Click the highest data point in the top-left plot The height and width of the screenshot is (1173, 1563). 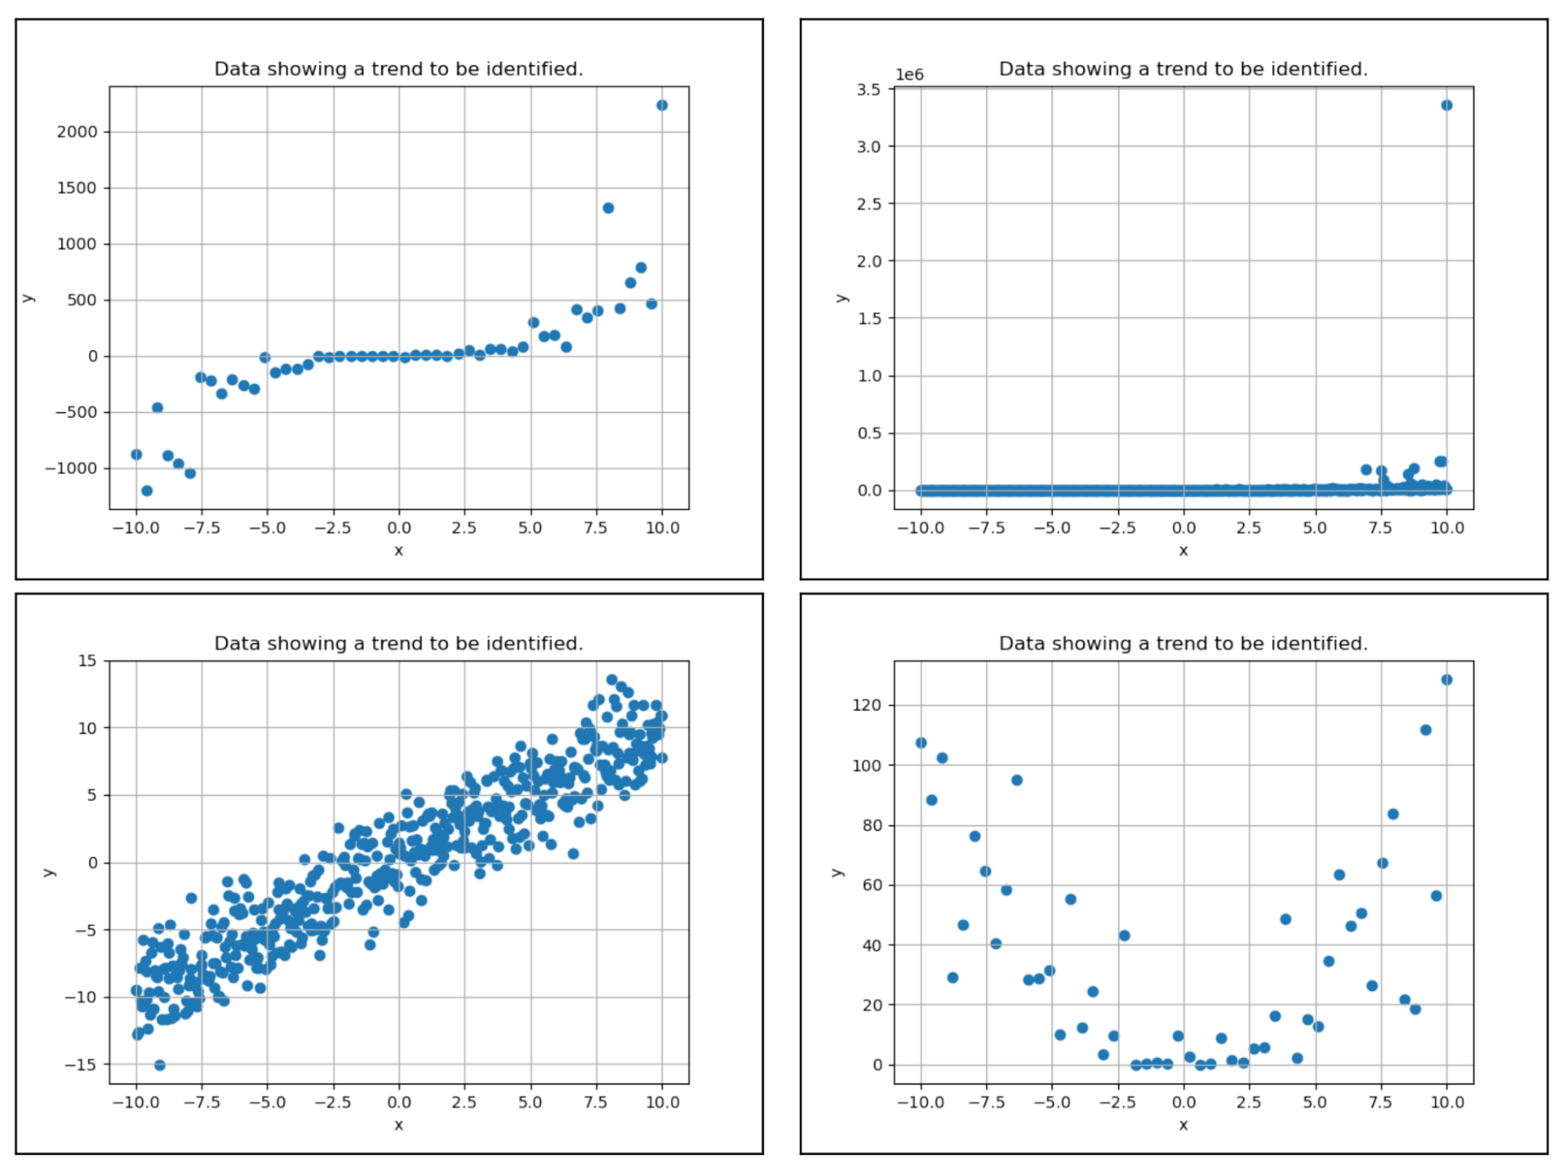[x=661, y=106]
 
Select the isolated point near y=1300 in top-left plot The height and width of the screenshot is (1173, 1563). [x=608, y=208]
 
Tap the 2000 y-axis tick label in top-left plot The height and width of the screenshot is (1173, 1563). [x=77, y=131]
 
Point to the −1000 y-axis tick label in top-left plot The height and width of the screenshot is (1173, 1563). [x=71, y=468]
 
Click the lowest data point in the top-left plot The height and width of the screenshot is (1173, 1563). [x=146, y=491]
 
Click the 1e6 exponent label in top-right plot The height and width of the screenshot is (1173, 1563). [x=909, y=75]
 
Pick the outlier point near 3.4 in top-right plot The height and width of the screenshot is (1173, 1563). [x=1446, y=106]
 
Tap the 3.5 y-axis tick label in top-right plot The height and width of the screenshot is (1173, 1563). [x=868, y=90]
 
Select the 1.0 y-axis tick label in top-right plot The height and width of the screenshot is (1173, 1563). [x=868, y=376]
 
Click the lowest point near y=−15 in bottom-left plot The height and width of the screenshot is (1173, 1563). [x=160, y=1065]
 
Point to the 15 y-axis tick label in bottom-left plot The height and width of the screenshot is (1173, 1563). [x=88, y=661]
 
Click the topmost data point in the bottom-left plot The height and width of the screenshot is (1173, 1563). [x=611, y=680]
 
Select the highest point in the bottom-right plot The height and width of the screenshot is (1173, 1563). [x=1446, y=680]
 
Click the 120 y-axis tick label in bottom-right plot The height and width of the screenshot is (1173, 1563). [x=866, y=705]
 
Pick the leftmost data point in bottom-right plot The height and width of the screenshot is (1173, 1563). [x=921, y=743]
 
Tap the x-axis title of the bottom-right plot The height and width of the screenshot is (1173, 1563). [x=1183, y=1125]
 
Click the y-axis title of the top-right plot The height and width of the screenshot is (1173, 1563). [x=841, y=298]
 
